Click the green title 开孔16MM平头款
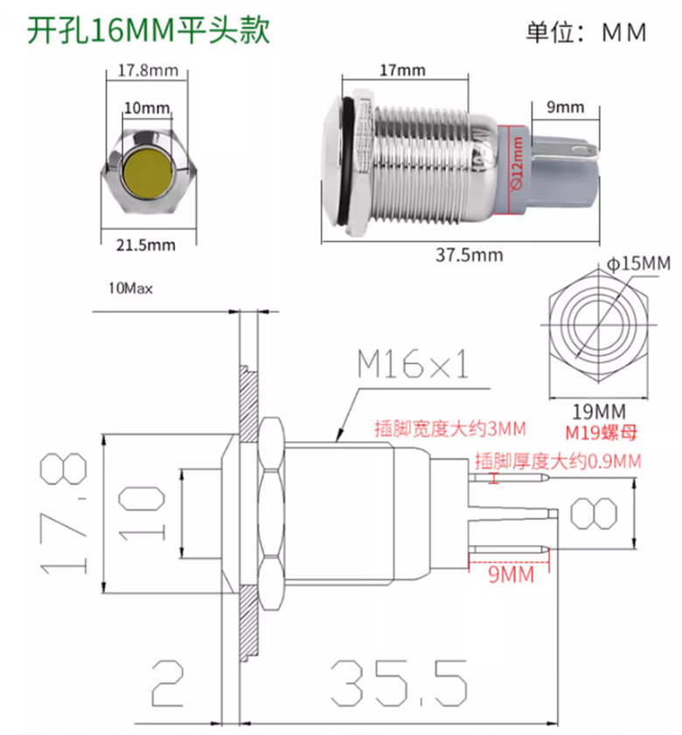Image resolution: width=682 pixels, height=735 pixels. coord(149,31)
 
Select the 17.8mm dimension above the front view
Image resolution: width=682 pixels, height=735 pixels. coord(148,71)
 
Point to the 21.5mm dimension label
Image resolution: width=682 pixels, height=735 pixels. coord(146,246)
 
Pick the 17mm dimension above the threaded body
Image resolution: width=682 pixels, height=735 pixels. coord(402,70)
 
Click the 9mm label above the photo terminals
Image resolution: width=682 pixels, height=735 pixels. coord(565,107)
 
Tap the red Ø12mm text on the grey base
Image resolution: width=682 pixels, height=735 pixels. coord(517,163)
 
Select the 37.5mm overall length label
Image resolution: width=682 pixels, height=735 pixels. coord(469,255)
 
